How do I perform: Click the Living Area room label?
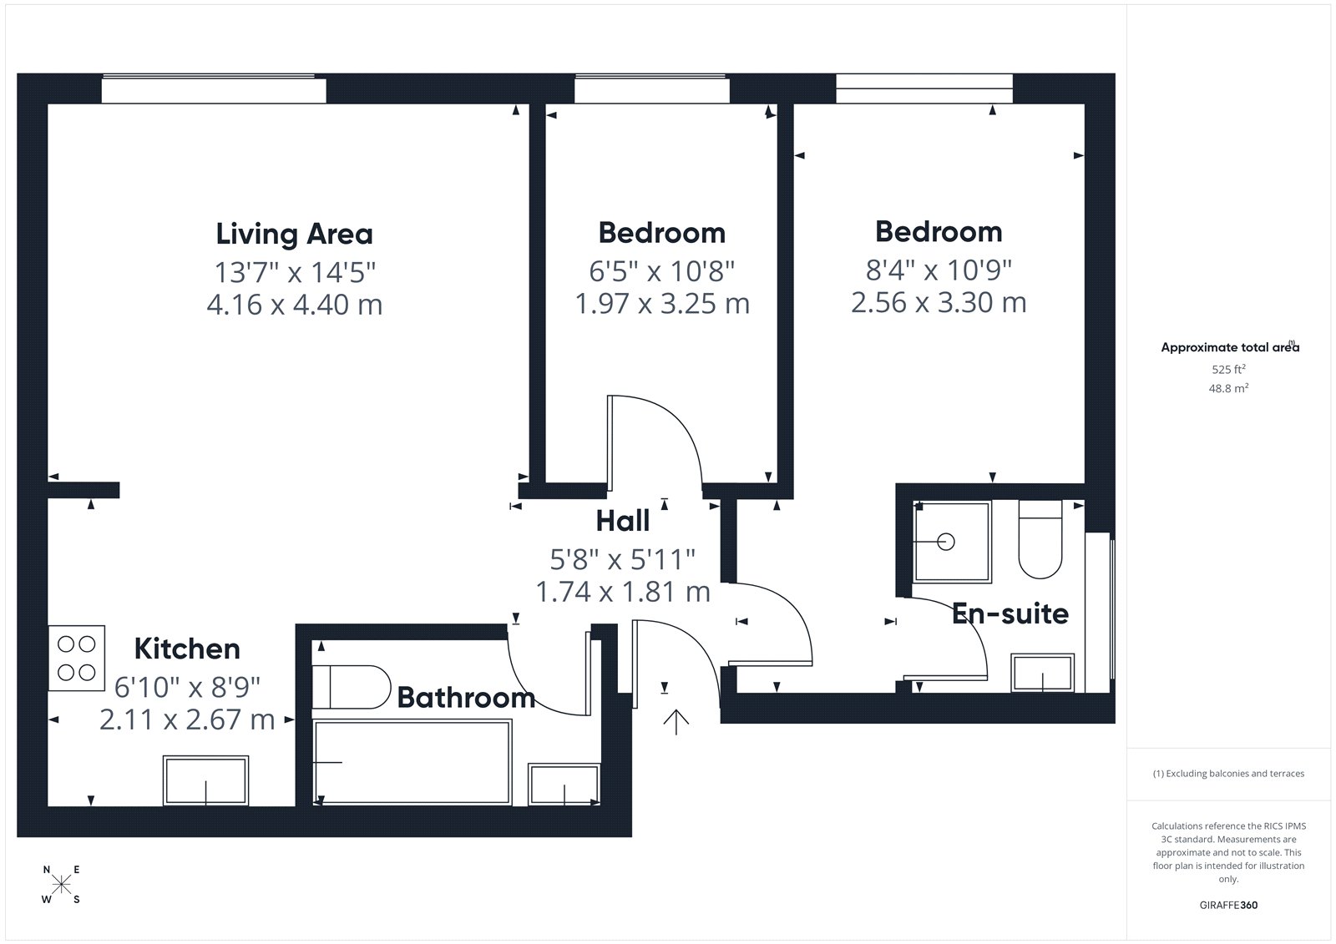point(294,234)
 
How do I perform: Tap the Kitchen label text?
point(187,649)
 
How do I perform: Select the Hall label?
point(623,521)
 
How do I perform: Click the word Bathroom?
point(466,698)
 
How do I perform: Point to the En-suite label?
point(1010,613)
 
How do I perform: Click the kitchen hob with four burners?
point(76,658)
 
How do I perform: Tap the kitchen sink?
point(205,780)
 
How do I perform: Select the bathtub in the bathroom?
point(412,763)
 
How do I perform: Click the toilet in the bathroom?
point(351,687)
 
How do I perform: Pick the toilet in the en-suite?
point(1040,539)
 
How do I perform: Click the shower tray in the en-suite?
point(952,542)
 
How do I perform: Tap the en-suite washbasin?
point(1042,674)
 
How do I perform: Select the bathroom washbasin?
point(564,785)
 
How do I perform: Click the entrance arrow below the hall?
point(676,722)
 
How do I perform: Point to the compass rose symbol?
point(62,884)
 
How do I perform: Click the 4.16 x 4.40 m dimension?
point(294,305)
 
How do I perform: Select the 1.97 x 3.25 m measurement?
point(662,304)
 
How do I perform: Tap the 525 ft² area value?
point(1228,369)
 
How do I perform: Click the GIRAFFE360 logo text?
point(1228,905)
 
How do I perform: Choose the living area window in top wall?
point(214,88)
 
